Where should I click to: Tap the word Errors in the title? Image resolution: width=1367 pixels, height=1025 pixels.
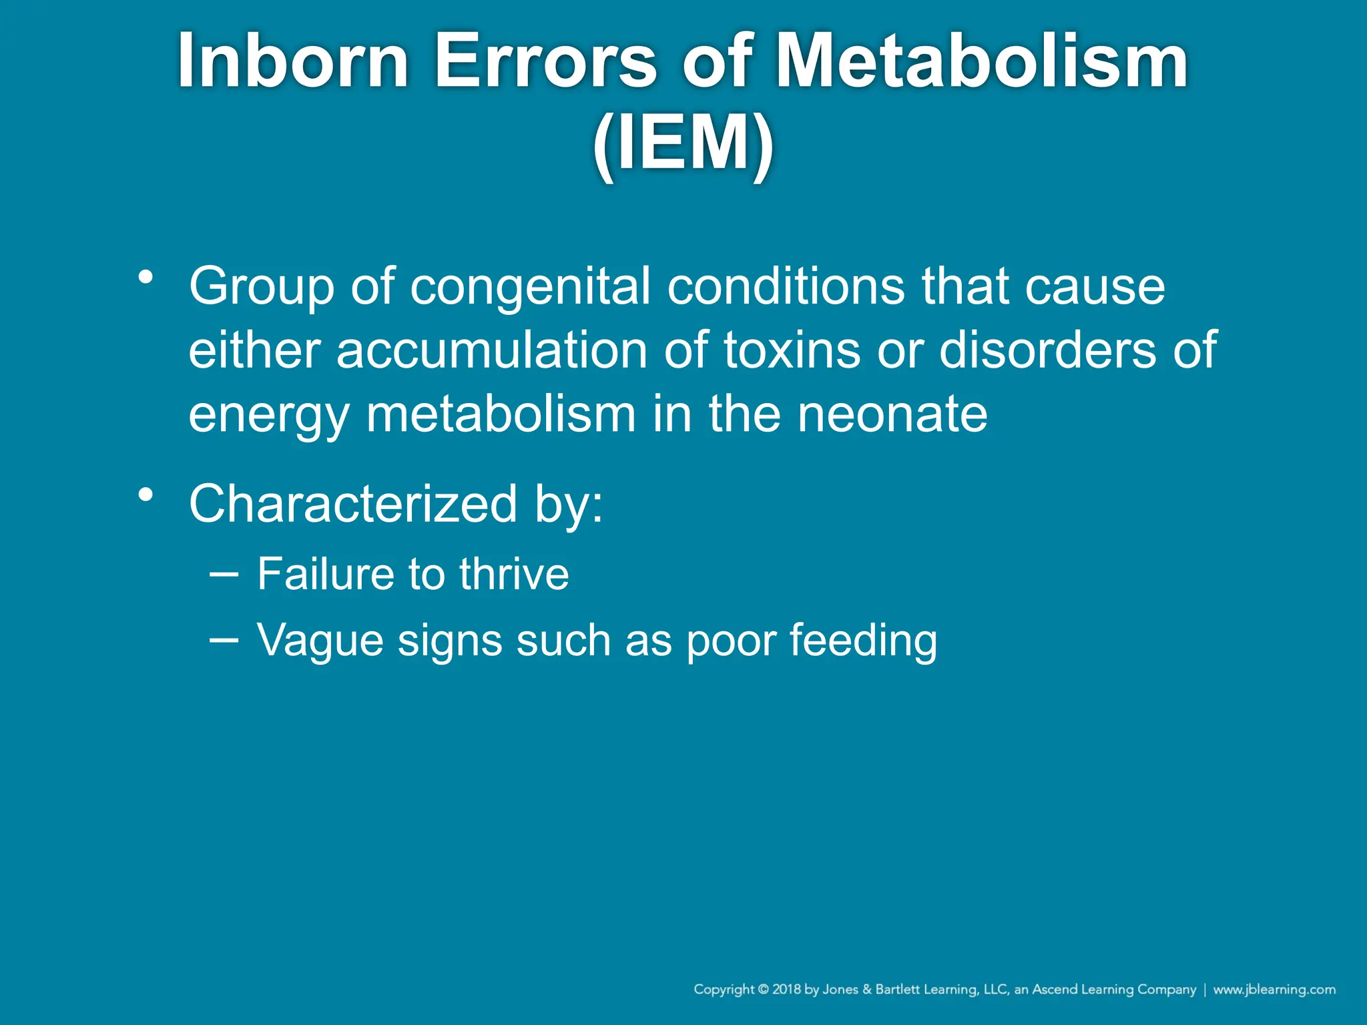(x=545, y=61)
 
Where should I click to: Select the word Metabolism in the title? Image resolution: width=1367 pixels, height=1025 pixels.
(x=981, y=61)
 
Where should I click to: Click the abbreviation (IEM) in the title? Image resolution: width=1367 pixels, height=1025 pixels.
(x=683, y=144)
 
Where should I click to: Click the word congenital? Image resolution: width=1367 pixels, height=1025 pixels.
(x=530, y=287)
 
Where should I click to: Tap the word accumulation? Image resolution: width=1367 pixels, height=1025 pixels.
(x=492, y=350)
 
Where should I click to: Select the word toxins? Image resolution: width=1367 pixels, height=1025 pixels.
(x=792, y=350)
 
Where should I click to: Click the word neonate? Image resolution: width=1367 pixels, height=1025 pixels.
(x=892, y=414)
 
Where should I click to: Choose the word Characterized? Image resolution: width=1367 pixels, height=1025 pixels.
(x=353, y=503)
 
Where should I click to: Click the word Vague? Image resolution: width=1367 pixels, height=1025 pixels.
(x=320, y=641)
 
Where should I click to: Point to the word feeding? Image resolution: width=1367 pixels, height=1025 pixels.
(x=864, y=641)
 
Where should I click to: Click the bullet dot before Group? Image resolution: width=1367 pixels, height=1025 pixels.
(x=146, y=276)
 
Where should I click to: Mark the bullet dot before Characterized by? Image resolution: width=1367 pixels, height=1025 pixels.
(x=146, y=494)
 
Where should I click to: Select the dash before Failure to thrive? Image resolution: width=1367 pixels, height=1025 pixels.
(x=223, y=573)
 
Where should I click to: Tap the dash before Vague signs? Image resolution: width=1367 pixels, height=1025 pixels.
(x=223, y=639)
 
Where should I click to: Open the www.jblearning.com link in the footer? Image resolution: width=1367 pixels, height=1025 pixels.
(x=1274, y=989)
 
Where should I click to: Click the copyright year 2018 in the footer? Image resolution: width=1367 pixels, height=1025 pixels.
(x=787, y=989)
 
